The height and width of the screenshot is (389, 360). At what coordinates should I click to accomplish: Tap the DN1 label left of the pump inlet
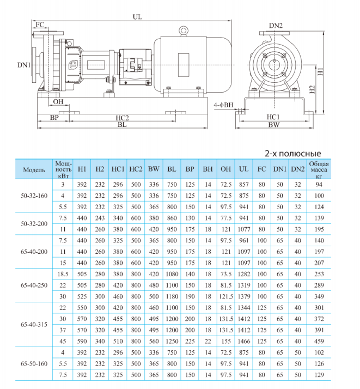[x=23, y=65]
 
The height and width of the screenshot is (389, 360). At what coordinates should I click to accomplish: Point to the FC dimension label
[x=40, y=25]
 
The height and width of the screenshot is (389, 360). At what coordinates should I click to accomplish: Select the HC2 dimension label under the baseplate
[x=121, y=118]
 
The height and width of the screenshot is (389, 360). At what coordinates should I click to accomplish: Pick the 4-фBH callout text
[x=224, y=105]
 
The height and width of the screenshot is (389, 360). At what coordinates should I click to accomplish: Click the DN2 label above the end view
[x=276, y=26]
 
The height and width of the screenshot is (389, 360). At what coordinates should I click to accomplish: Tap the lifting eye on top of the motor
[x=184, y=31]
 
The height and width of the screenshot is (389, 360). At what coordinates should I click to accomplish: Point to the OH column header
[x=226, y=169]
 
